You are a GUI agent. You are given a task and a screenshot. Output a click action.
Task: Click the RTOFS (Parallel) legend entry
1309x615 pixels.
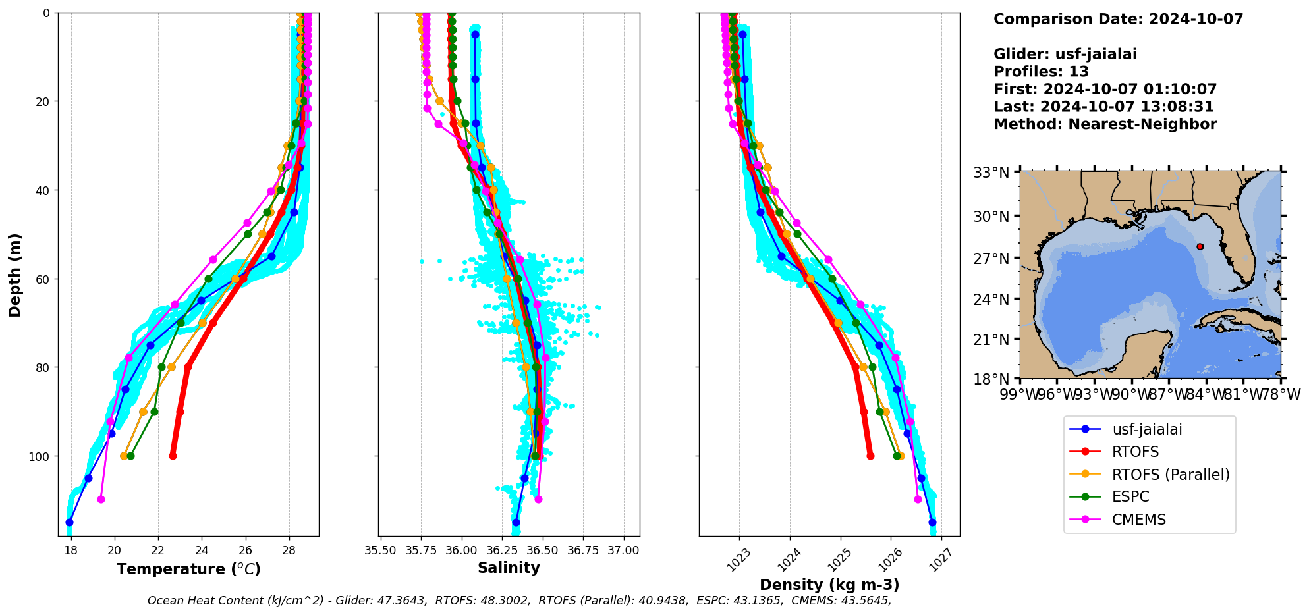coord(1170,475)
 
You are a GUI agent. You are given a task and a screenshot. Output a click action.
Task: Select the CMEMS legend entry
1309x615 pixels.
coord(1138,520)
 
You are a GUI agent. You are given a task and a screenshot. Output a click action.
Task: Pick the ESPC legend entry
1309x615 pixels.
coord(1130,497)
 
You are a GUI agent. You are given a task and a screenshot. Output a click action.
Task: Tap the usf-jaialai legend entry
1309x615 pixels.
coord(1146,429)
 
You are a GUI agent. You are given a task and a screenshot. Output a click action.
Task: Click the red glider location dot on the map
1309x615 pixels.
coord(1200,246)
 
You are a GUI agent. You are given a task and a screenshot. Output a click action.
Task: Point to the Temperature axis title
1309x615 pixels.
coord(188,569)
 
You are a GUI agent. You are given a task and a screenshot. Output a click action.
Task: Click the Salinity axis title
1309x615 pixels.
coord(509,568)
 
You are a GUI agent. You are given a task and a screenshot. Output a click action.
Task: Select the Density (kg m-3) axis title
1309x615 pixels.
coord(829,585)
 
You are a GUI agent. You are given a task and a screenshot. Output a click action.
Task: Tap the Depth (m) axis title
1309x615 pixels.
coord(14,275)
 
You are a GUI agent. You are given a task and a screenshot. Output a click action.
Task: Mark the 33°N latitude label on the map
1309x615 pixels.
coord(991,173)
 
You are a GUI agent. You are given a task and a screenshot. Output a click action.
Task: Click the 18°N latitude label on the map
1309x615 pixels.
coord(991,379)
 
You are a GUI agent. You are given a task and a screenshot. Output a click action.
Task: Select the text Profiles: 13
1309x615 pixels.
coord(1041,72)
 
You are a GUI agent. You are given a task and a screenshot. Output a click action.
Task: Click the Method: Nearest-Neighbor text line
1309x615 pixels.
coord(1105,124)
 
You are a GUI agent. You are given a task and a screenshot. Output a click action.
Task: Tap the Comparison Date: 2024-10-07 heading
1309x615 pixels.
coord(1118,19)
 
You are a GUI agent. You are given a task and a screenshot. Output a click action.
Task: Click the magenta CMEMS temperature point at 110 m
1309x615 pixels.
coord(101,499)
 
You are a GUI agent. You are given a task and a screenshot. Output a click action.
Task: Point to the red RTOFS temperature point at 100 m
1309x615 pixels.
coord(173,456)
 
